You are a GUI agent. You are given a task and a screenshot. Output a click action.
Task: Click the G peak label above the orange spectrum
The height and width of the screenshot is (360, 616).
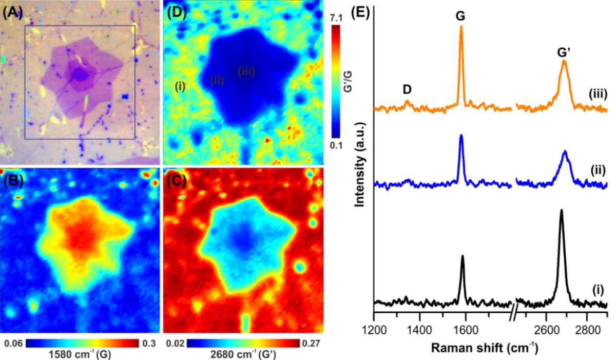pos(460,16)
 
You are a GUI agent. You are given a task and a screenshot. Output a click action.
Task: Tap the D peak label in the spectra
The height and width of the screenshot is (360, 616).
pos(407,90)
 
